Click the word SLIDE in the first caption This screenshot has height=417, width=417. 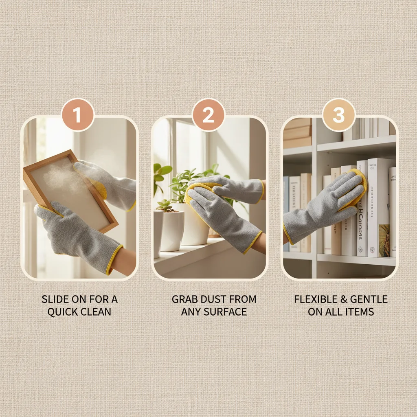[x=55, y=299]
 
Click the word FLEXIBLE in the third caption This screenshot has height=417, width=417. [x=315, y=299]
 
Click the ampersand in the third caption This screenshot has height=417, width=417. [x=343, y=299]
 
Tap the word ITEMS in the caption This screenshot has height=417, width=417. [x=360, y=312]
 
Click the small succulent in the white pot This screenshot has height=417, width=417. [x=165, y=206]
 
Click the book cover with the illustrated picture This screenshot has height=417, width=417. [x=383, y=240]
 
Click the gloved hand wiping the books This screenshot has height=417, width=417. [x=326, y=204]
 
